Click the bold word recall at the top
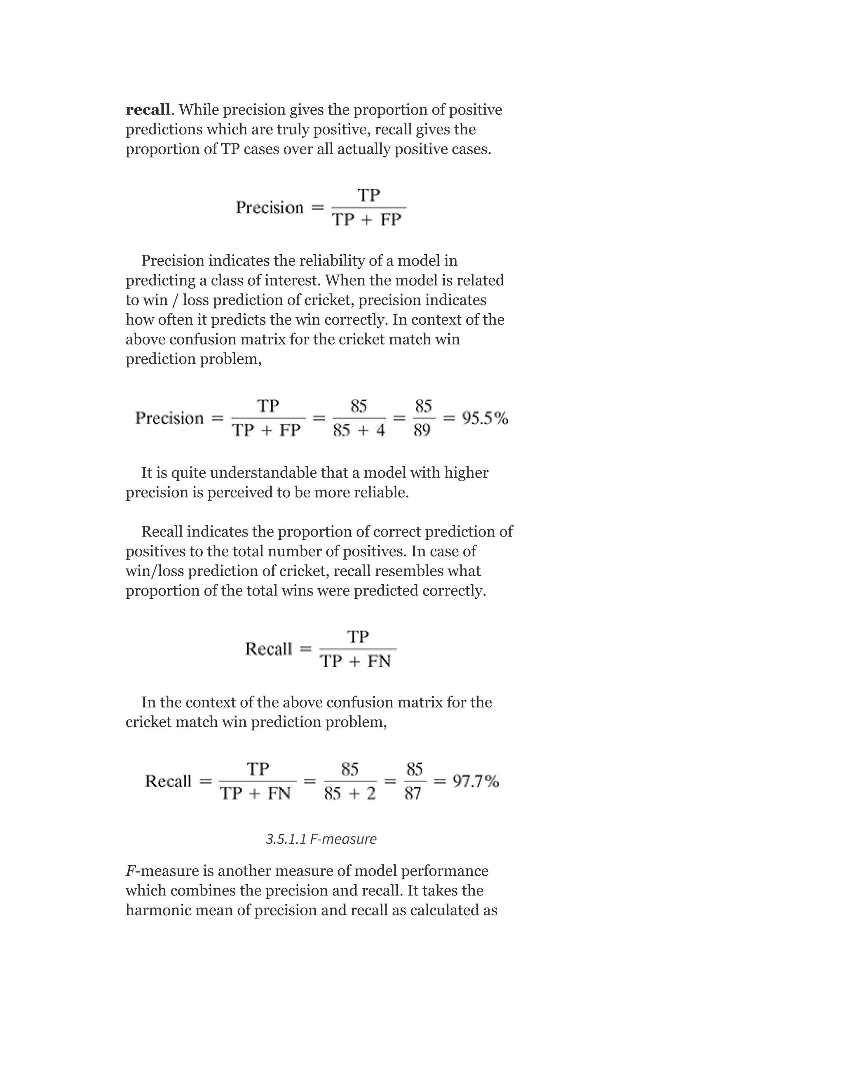pyautogui.click(x=148, y=110)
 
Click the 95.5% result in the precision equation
pyautogui.click(x=485, y=418)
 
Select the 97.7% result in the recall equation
pyautogui.click(x=476, y=781)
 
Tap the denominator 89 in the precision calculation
pyautogui.click(x=422, y=430)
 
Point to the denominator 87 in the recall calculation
pyautogui.click(x=413, y=794)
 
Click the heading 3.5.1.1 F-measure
pyautogui.click(x=321, y=839)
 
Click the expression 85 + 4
pyautogui.click(x=359, y=430)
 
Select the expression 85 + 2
pyautogui.click(x=350, y=794)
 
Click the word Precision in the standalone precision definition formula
pyautogui.click(x=270, y=208)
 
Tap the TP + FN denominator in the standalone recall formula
pyautogui.click(x=356, y=661)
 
